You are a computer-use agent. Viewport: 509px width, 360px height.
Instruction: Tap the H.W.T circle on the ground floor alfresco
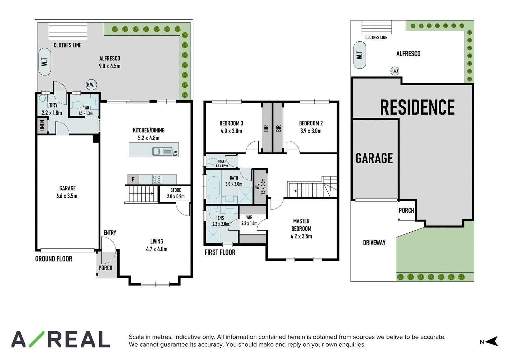point(92,85)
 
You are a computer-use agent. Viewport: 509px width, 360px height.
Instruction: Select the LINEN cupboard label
point(42,125)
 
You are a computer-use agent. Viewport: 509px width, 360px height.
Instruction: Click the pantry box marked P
point(133,179)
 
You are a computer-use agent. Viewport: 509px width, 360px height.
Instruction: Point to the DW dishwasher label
point(175,153)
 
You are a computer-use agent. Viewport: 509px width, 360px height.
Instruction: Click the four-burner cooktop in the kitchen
point(157,179)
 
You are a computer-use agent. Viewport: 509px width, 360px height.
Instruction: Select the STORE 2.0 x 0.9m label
point(176,193)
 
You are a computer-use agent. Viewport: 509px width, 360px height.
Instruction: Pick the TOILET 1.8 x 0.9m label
point(222,164)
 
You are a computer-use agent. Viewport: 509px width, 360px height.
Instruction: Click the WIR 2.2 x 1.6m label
point(249,220)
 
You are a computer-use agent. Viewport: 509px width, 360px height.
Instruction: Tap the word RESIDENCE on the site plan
point(417,107)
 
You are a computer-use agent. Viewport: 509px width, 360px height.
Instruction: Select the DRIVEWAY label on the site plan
point(374,243)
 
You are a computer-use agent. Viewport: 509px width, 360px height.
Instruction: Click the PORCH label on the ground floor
point(105,268)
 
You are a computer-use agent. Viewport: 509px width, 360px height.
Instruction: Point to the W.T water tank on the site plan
point(360,55)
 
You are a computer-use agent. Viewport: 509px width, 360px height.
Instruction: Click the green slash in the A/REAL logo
point(37,339)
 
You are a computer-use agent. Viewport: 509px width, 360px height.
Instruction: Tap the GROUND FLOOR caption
point(54,259)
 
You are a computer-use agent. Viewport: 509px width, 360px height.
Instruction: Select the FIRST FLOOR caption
point(220,252)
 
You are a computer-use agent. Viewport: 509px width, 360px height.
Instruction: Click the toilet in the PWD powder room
point(76,105)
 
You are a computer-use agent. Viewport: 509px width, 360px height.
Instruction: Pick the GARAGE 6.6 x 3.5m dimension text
point(67,192)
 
